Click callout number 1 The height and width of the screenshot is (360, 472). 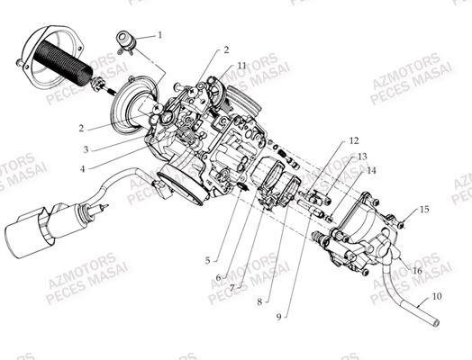tap(160, 36)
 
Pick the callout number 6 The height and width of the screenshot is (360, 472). tap(219, 276)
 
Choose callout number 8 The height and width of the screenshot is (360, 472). tap(260, 302)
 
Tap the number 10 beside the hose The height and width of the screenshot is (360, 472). tap(436, 295)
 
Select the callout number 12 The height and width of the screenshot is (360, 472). tap(353, 140)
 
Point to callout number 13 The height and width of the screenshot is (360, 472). tap(362, 156)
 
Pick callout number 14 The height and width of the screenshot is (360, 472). tap(371, 170)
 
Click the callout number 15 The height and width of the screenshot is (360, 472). tap(424, 209)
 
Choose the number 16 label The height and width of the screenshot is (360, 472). tap(417, 269)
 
